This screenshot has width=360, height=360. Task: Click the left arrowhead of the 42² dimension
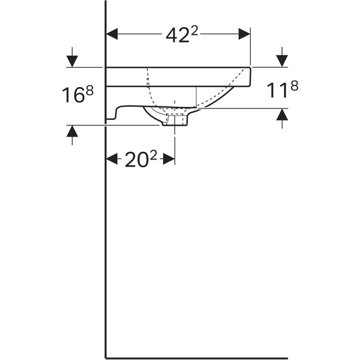tap(112, 34)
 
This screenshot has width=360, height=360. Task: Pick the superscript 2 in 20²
tap(154, 155)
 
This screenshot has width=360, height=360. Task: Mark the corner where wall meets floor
tap(106, 353)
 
